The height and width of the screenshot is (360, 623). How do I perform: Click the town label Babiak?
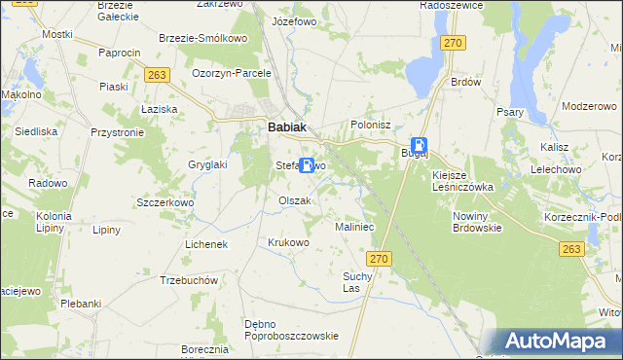click(288, 126)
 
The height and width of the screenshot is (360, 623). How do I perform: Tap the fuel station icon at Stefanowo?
click(308, 165)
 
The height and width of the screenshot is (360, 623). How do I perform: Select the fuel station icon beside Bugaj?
click(418, 143)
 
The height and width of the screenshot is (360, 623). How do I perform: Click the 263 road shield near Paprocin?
click(155, 74)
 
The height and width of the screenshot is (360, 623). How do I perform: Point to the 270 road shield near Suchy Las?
click(380, 259)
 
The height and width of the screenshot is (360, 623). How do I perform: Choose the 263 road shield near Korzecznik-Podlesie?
click(572, 250)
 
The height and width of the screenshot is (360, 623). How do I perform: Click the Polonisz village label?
click(370, 126)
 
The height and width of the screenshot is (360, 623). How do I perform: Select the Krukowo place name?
click(288, 242)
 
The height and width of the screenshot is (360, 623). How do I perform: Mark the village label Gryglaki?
click(207, 164)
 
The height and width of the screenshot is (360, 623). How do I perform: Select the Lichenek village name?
click(205, 244)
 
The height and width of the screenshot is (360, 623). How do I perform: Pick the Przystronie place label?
click(117, 131)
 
